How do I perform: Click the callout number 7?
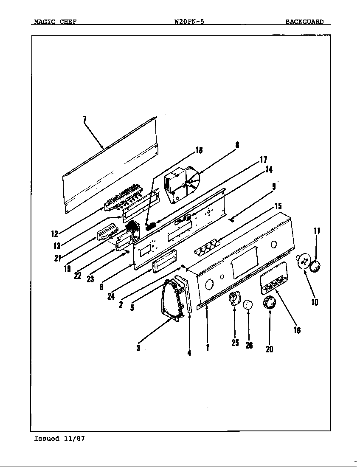pos(84,119)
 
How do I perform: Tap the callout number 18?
pos(199,150)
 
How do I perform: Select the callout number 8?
pos(237,145)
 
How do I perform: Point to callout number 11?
pos(317,231)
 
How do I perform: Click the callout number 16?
pos(297,330)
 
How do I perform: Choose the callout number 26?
pos(249,345)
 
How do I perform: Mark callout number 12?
pos(54,233)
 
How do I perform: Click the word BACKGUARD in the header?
pos(304,22)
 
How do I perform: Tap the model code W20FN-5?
pos(189,22)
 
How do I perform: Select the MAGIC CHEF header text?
pos(55,22)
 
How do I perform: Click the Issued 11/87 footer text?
pos(59,439)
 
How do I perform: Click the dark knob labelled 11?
pos(315,267)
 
